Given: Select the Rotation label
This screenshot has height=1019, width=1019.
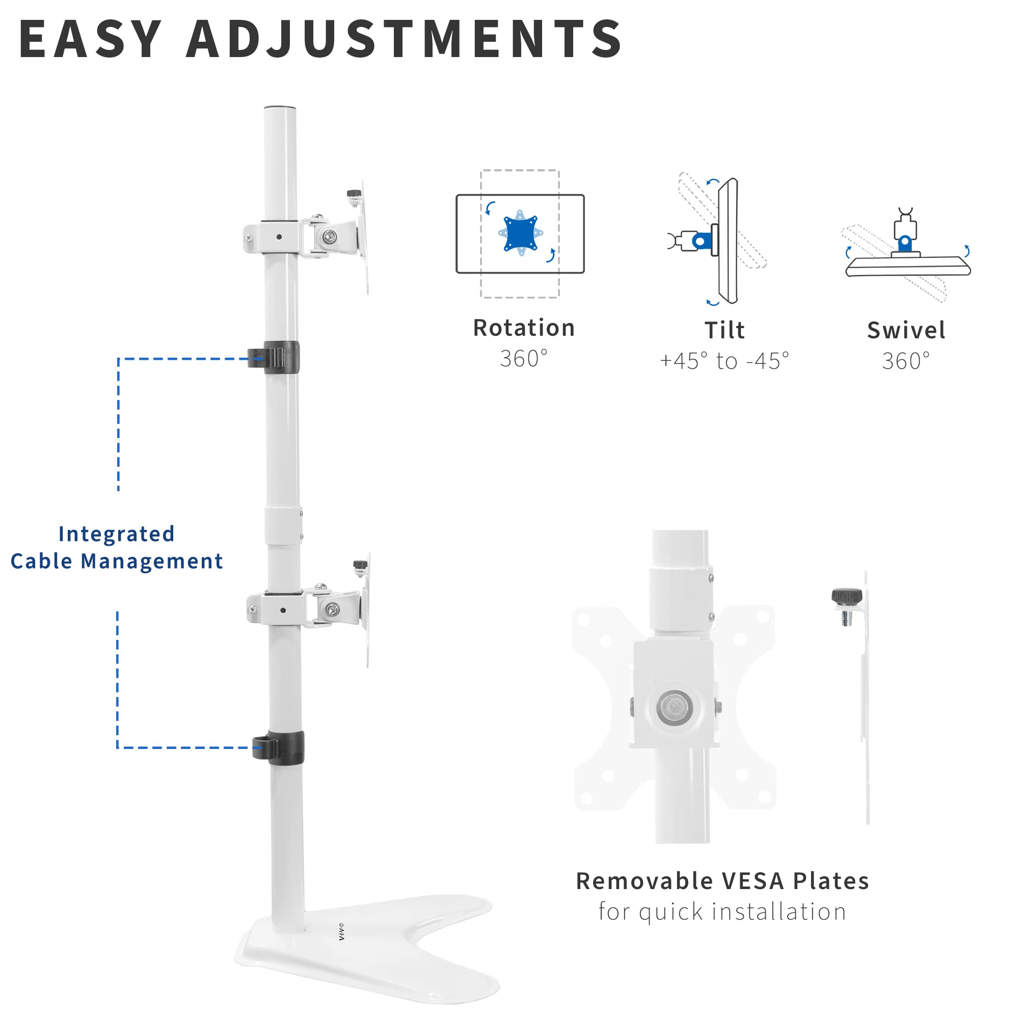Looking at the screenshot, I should (x=523, y=328).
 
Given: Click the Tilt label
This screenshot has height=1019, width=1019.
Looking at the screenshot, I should (x=724, y=331).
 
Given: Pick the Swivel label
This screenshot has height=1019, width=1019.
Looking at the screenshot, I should (x=905, y=331).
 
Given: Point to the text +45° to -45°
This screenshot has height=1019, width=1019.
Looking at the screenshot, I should (x=724, y=361).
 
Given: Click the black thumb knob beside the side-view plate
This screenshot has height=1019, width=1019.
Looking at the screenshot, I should (x=846, y=597).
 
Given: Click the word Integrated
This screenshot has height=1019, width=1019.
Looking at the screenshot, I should (x=116, y=534).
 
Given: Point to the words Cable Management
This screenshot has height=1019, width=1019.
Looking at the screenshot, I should (x=117, y=561).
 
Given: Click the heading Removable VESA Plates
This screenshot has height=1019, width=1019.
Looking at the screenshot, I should (x=722, y=881).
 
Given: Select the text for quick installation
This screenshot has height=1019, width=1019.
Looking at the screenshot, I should (x=722, y=911).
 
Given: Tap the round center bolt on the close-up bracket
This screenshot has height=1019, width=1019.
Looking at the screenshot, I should (x=674, y=707).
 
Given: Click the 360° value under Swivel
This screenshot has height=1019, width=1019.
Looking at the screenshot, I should (x=905, y=361).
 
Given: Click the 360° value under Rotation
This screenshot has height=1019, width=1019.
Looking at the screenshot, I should (x=523, y=359).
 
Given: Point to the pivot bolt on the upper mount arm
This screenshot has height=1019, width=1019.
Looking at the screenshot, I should (x=330, y=237).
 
